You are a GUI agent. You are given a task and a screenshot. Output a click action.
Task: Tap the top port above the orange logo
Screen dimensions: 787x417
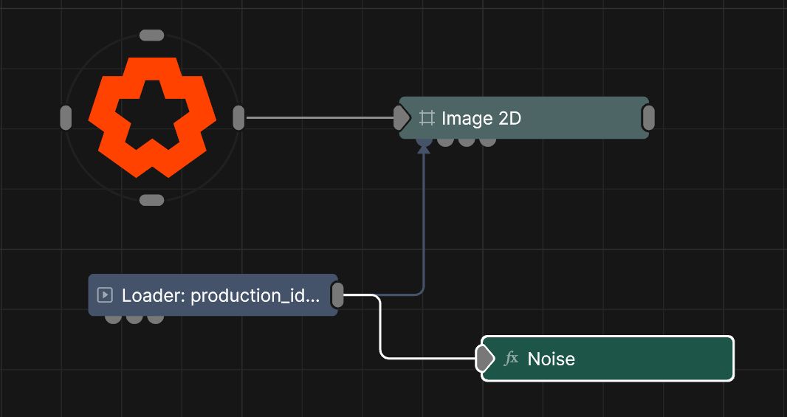[x=151, y=35]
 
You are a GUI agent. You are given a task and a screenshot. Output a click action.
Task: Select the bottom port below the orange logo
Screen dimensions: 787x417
[x=151, y=200]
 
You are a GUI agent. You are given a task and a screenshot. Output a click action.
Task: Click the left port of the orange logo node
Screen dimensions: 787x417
[x=66, y=118]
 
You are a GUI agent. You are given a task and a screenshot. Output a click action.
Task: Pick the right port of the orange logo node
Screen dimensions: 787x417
[x=239, y=118]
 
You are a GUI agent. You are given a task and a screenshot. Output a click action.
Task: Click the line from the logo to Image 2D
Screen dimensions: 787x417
[x=320, y=118]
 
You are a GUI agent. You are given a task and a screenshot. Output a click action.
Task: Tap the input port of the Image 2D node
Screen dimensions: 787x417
[x=402, y=118]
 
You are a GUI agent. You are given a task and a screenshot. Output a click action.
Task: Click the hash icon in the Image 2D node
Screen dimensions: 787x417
[x=427, y=118]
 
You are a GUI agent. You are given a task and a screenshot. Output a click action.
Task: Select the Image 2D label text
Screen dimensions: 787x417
[x=481, y=118]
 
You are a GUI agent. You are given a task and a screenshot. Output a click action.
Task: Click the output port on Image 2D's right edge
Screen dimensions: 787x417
[x=648, y=118]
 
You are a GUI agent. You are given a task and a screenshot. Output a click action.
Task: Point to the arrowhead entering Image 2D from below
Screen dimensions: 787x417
[x=424, y=148]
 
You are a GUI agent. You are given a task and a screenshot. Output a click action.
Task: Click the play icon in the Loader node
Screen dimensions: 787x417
[x=104, y=295]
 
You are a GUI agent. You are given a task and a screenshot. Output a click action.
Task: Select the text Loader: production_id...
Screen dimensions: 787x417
[x=220, y=295]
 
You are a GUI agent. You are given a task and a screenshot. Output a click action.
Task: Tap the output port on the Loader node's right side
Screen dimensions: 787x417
[x=338, y=295]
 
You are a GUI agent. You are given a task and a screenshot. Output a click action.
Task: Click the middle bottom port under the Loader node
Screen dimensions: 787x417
[x=134, y=319]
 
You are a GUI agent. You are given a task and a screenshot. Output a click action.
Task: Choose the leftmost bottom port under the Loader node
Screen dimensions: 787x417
[x=113, y=319]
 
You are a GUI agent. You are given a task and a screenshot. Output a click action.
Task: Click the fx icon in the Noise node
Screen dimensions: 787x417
[x=511, y=358]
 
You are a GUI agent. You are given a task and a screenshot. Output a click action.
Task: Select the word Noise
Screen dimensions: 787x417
[x=551, y=359]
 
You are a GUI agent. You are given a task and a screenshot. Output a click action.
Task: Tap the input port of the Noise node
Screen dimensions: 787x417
[x=484, y=359]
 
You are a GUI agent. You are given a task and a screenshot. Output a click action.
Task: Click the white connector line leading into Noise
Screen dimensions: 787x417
[x=380, y=326]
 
